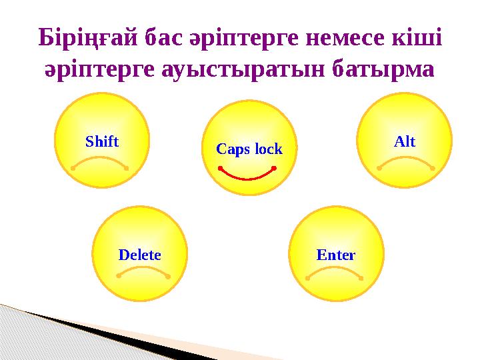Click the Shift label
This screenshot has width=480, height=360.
click(102, 141)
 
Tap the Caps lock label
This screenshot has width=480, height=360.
click(249, 149)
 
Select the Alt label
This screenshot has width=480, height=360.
click(405, 141)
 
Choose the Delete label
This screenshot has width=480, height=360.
click(139, 255)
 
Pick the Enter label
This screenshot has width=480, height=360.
click(336, 255)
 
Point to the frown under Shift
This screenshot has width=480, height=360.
click(99, 161)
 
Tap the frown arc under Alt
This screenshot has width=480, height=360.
click(406, 160)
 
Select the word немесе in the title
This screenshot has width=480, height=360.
click(345, 38)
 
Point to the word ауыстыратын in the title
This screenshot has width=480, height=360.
click(243, 70)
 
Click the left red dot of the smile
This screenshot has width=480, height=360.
click(220, 169)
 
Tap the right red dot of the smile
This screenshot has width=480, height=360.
click(274, 169)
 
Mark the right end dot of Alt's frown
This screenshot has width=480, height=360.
click(433, 169)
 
